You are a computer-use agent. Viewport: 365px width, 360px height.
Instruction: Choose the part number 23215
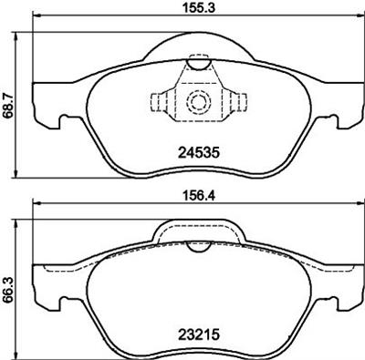pos(199,334)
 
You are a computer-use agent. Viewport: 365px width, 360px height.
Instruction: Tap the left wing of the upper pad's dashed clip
pos(162,102)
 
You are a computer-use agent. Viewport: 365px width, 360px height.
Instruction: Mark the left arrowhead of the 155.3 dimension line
pos(36,19)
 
